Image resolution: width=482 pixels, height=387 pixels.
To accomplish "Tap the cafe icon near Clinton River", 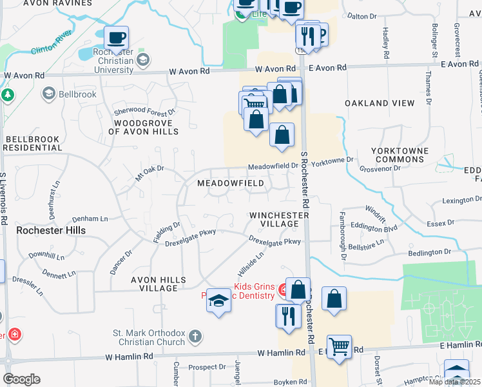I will coord(116,38).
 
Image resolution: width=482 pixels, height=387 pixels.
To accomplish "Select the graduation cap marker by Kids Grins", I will coord(218,301).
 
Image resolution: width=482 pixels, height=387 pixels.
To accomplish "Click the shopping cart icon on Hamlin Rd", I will coord(339,347).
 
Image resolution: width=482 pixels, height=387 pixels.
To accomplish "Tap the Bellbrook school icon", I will coord(48,94).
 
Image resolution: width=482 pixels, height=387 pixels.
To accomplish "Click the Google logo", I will coord(21,379).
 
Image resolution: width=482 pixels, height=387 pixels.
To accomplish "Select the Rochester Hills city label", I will coord(51,230).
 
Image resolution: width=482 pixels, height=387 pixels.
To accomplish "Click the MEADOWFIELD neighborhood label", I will coord(230,183).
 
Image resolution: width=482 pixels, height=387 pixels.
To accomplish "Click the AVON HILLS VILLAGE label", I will coord(154,284).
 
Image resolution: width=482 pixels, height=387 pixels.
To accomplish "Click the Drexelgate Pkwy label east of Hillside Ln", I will coord(275,241).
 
